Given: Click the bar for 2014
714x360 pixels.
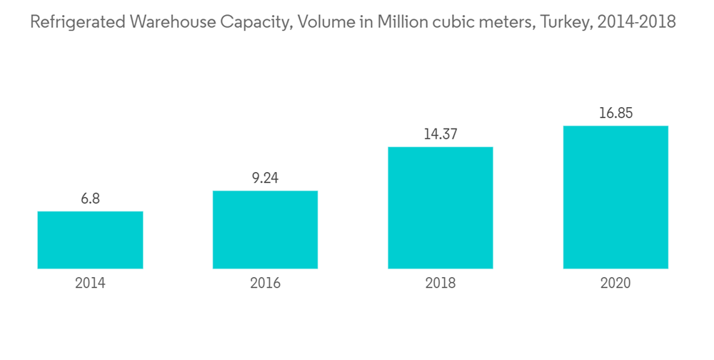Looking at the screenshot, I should pos(90,240).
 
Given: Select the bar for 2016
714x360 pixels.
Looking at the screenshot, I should pos(265,229).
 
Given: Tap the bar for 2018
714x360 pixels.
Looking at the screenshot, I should pos(440,208).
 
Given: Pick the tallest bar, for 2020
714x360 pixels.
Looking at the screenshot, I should pos(615,197).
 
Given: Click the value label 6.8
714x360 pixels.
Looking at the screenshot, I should pos(90,199).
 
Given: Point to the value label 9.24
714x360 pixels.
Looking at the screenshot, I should pos(265,179).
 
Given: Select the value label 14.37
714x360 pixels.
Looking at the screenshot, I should pos(440,134).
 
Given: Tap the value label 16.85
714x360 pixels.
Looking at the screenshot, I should pos(615,114).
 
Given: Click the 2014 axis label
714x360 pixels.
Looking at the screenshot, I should pos(90,284).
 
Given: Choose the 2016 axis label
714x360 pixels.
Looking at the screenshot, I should pos(265,284).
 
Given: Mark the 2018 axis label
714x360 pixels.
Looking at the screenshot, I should pos(440,284).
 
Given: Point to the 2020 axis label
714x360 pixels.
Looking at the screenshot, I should pos(615,284).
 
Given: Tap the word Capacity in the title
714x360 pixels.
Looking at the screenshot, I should pos(256,23).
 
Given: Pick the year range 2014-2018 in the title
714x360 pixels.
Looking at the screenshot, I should pos(635,23).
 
